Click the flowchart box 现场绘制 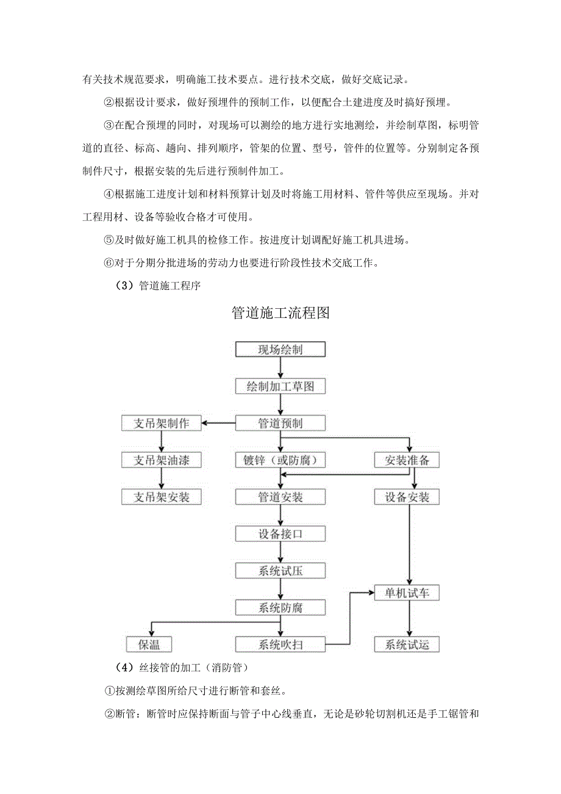(x=280, y=349)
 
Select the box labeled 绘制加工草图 (x=280, y=386)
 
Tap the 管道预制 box (x=280, y=423)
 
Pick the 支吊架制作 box (x=162, y=423)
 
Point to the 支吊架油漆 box (x=162, y=460)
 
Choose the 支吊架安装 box (x=162, y=497)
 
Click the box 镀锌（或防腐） (x=280, y=460)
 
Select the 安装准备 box (x=407, y=460)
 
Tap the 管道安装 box (x=280, y=497)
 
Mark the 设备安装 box (x=407, y=497)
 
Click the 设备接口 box (x=280, y=534)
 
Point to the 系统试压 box (x=280, y=571)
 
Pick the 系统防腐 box (x=280, y=607)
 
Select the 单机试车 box (x=407, y=593)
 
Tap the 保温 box (x=149, y=644)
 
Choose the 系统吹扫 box (x=280, y=644)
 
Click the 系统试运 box (x=407, y=644)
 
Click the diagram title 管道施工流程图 (x=280, y=313)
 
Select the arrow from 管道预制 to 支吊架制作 (x=219, y=423)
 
